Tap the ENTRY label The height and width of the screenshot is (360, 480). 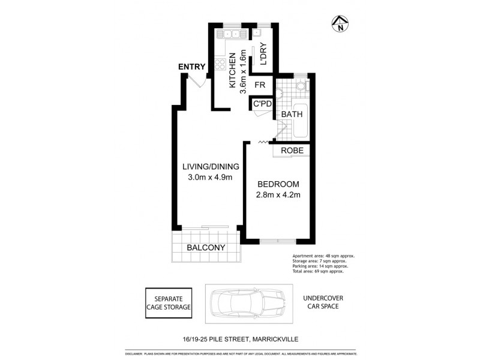click(192, 67)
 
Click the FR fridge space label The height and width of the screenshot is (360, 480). click(259, 85)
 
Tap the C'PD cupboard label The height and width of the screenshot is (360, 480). click(263, 104)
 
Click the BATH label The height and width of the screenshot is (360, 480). click(292, 114)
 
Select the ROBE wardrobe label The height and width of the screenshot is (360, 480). click(292, 151)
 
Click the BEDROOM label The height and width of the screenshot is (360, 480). click(278, 184)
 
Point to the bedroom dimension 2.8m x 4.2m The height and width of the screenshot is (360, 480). click(278, 194)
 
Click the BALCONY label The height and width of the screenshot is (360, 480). click(205, 248)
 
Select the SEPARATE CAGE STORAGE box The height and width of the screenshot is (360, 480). click(169, 302)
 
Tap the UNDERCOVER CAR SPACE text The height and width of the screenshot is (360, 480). click(322, 302)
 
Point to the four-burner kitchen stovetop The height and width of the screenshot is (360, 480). click(220, 64)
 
